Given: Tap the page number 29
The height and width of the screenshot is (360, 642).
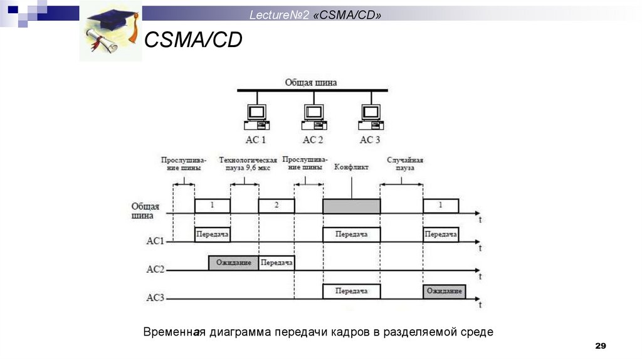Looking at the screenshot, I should (601, 346).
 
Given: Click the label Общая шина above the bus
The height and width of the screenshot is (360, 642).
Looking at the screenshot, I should (311, 82).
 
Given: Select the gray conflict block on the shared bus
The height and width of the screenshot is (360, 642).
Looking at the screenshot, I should (351, 206).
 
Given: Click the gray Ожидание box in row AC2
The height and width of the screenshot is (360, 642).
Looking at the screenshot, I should (233, 262).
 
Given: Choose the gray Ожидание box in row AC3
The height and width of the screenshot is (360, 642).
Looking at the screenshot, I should (444, 291).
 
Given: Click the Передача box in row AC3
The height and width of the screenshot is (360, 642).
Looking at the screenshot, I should (351, 291).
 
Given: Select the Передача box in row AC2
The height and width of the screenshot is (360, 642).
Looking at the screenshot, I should (276, 262).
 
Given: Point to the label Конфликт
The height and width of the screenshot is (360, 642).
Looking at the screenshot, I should (352, 167).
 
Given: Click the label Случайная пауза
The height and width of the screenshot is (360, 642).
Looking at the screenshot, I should (404, 164).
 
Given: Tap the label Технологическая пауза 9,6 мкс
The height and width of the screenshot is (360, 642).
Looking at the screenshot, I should (248, 164).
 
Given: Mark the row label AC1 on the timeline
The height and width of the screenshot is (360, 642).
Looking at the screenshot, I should (155, 240).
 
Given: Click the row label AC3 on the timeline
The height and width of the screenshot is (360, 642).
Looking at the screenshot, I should (155, 299).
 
